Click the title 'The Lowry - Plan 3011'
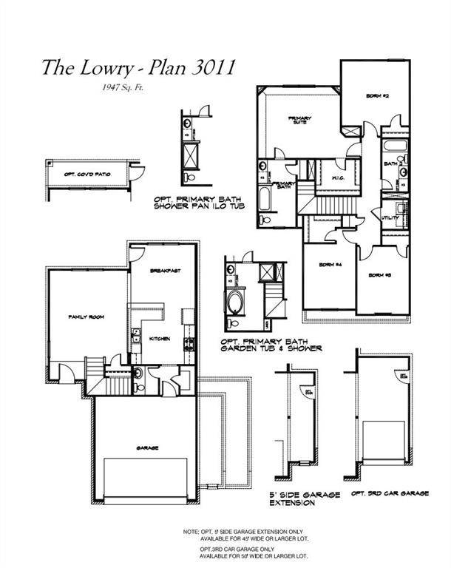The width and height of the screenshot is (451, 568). point(138,67)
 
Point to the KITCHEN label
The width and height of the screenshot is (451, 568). point(160,338)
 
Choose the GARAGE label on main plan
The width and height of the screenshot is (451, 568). point(147,447)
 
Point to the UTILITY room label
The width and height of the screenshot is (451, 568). point(390,218)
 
